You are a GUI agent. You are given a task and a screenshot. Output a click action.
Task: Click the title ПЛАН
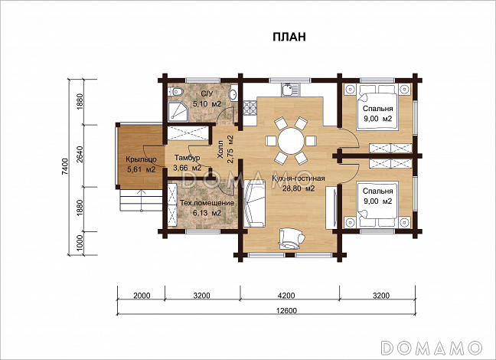[x=289, y=37]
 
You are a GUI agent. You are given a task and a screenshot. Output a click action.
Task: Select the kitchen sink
[x=288, y=90]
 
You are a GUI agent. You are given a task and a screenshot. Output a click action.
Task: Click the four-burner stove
[x=250, y=108]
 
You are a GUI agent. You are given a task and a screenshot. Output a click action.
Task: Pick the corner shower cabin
[x=178, y=111]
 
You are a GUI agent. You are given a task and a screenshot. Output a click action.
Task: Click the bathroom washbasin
[x=233, y=93]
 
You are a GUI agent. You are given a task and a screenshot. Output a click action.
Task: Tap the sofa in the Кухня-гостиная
[x=254, y=203]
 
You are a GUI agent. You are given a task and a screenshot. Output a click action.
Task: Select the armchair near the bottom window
[x=291, y=239]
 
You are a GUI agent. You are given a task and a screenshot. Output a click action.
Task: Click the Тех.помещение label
[x=207, y=203]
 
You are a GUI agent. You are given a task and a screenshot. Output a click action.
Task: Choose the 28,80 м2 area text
[x=298, y=188]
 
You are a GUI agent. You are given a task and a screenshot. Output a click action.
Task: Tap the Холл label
[x=220, y=152]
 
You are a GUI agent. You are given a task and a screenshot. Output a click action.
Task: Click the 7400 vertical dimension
[x=65, y=166]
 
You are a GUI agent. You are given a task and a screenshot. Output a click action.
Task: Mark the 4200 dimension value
[x=286, y=296]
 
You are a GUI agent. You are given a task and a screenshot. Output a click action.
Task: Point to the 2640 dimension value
[x=80, y=155]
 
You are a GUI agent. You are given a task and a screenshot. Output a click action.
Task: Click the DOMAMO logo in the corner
[x=432, y=348]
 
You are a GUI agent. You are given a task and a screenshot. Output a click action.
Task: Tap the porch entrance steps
[x=141, y=201]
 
